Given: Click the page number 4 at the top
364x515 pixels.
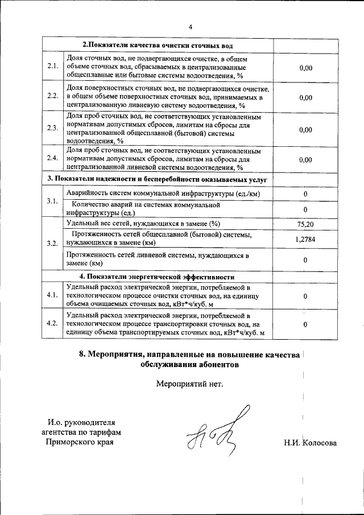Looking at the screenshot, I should point(191,27).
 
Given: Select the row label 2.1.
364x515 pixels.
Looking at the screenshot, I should point(52,67).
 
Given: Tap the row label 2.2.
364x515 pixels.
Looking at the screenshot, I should point(52,97).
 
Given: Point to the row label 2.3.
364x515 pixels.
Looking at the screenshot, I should point(52,129).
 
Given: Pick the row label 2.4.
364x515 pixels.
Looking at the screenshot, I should point(52,159).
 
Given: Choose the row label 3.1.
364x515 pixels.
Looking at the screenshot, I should point(52,201).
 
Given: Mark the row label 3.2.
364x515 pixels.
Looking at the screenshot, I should point(52,244).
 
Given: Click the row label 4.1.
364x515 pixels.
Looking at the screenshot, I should point(52,295).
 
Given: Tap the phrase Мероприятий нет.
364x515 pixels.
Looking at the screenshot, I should point(190,383).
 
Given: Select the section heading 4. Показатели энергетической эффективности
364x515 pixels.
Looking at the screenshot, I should point(157,277).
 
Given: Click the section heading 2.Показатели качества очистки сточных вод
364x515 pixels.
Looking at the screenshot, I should point(157,45).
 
